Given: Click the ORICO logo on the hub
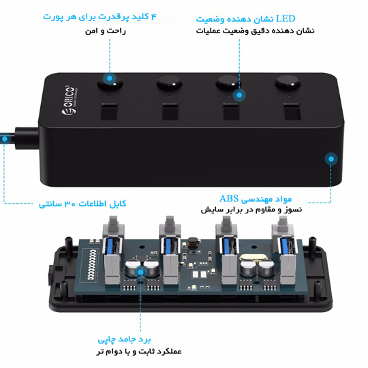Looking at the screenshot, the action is tap(70, 101).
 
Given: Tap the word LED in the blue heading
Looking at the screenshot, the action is tap(286, 19).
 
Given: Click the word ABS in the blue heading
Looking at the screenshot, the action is tap(229, 199).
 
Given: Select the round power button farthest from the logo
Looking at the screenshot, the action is tap(288, 82).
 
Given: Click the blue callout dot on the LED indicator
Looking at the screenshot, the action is tap(239, 95).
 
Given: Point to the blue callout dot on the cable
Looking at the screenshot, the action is tap(4, 139).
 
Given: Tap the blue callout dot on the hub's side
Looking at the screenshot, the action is tap(331, 159).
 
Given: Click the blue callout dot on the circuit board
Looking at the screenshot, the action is tap(140, 272).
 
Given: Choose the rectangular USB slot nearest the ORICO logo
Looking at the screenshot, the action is tap(109, 112).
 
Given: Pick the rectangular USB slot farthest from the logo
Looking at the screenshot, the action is tap(292, 111).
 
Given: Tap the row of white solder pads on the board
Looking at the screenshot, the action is tap(92, 264).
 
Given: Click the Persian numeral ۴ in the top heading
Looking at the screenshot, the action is tap(153, 16).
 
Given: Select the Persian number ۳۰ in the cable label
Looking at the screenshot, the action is tap(70, 204).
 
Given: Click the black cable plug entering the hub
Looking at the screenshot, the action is tap(27, 138).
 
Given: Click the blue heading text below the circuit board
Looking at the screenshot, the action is tap(125, 339).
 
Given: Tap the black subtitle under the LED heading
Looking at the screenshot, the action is tap(256, 31).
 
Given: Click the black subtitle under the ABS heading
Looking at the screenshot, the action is tap(251, 210).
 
